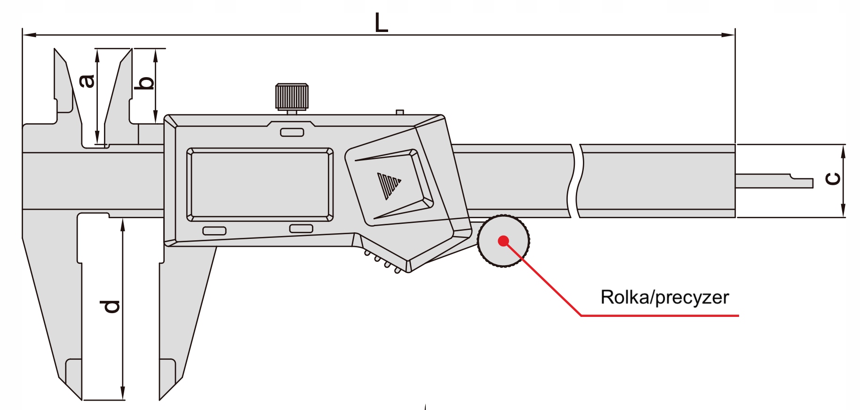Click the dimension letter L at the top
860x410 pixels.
click(381, 23)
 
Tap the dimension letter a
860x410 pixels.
click(87, 81)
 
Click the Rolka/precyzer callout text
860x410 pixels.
click(664, 298)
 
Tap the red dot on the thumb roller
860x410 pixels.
click(503, 241)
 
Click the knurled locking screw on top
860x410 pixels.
click(292, 97)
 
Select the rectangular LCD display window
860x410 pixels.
click(260, 184)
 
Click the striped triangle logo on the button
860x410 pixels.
click(388, 185)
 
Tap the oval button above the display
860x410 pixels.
click(292, 133)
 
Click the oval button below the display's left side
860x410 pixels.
click(214, 231)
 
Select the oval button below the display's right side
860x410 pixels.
click(301, 229)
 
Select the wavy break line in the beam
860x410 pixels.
click(577, 181)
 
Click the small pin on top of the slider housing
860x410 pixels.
click(400, 112)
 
